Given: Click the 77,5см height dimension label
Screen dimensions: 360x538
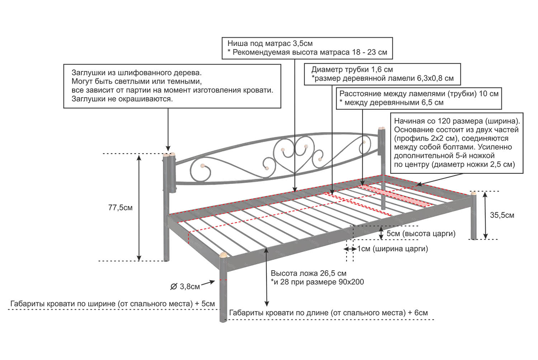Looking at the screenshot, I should pyautogui.click(x=120, y=208).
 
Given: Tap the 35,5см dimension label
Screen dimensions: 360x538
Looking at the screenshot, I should pyautogui.click(x=502, y=215).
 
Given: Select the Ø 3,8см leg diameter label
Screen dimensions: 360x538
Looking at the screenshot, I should pyautogui.click(x=185, y=286).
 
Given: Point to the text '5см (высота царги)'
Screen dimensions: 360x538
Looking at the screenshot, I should pyautogui.click(x=421, y=234).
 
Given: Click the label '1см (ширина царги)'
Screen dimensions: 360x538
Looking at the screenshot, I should pyautogui.click(x=392, y=249).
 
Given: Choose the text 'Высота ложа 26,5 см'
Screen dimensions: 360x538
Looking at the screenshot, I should pyautogui.click(x=308, y=273).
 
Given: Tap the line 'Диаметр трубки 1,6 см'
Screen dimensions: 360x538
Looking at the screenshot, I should pyautogui.click(x=352, y=70).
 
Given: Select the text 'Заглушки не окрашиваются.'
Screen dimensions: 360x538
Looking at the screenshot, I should pyautogui.click(x=122, y=99).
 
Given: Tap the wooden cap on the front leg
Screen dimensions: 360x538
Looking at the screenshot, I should pyautogui.click(x=223, y=255).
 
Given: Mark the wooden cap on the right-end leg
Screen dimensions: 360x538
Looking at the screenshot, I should pyautogui.click(x=474, y=193).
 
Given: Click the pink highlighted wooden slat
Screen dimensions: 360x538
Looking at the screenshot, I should pyautogui.click(x=395, y=196).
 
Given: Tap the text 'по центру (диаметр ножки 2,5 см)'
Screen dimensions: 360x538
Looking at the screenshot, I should pyautogui.click(x=454, y=164).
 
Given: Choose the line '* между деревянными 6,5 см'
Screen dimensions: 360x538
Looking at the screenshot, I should pyautogui.click(x=391, y=103).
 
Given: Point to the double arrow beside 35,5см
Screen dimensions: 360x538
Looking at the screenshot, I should pyautogui.click(x=485, y=215).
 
